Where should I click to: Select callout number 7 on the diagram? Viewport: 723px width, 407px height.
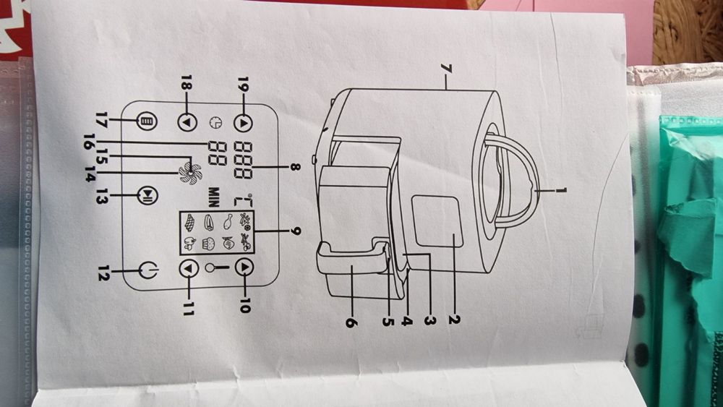(x=446, y=69)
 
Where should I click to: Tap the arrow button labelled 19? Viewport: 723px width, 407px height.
(x=244, y=122)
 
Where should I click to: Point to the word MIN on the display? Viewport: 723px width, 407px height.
(x=214, y=197)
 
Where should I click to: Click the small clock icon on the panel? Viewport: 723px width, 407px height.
(x=215, y=123)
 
